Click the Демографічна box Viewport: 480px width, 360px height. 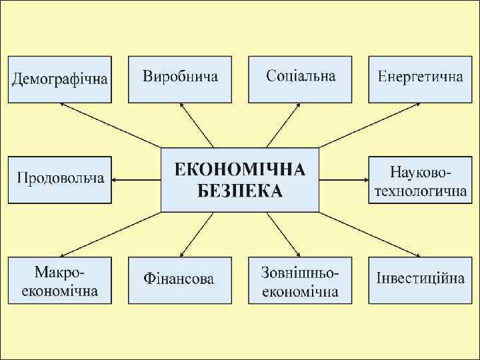(x=60, y=79)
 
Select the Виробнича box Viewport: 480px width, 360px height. (x=180, y=79)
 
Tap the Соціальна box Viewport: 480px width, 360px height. (x=300, y=79)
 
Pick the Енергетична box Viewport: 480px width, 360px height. (x=420, y=79)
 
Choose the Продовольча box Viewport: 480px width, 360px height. (x=60, y=179)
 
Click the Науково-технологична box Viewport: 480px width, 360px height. (x=420, y=179)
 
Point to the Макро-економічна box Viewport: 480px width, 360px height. (x=60, y=279)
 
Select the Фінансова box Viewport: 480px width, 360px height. (x=180, y=279)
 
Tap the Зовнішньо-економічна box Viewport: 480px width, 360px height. (x=300, y=279)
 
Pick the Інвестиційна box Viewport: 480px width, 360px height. (x=420, y=279)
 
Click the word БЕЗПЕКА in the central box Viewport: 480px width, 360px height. (x=240, y=191)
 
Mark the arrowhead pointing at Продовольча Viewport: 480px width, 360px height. (x=115, y=179)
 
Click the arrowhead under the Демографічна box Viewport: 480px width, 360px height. (x=62, y=105)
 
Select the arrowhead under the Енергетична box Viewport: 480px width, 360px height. (x=418, y=105)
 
